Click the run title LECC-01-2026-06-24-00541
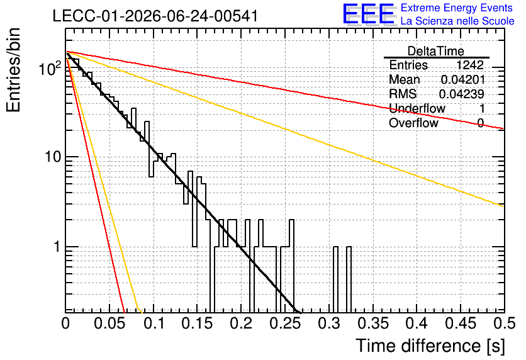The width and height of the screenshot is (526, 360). click(155, 16)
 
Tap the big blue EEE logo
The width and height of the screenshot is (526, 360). click(369, 14)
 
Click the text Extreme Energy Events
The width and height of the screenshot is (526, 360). click(457, 8)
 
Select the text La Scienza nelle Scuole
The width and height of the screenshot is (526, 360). click(457, 21)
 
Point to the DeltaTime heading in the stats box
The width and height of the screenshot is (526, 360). click(436, 51)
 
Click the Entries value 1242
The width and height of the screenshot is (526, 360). click(469, 65)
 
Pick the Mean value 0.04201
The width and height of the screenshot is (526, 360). click(462, 79)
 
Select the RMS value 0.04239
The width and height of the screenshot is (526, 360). click(462, 94)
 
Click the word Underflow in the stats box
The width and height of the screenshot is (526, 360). click(417, 108)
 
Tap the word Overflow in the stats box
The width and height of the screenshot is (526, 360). click(413, 123)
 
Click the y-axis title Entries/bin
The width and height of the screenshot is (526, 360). click(13, 70)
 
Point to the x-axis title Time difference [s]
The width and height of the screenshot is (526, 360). click(430, 346)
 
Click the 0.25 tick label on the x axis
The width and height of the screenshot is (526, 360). click(286, 323)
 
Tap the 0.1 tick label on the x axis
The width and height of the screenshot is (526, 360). click(155, 323)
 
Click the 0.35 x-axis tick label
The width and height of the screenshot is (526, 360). click(373, 323)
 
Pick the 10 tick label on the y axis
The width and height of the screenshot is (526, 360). click(53, 156)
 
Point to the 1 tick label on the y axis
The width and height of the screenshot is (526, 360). click(57, 247)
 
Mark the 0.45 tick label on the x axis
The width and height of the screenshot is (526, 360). click(461, 323)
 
